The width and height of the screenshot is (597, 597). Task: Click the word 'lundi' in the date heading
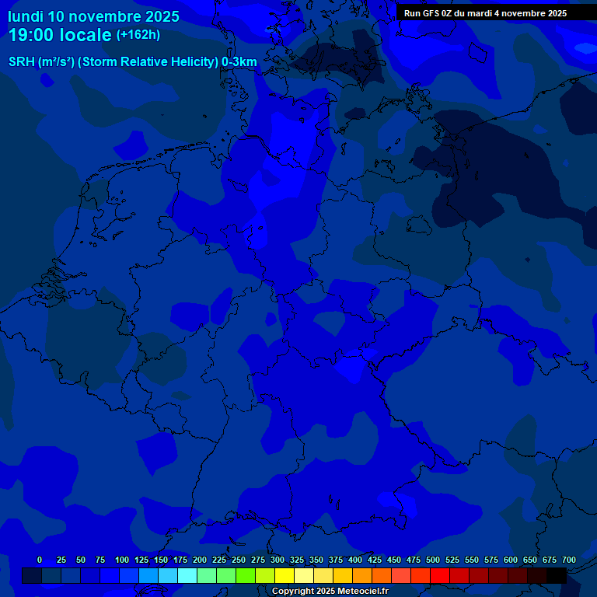pyautogui.click(x=26, y=16)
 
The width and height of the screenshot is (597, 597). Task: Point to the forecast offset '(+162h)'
pyautogui.click(x=138, y=35)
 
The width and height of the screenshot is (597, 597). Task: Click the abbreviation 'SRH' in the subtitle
pyautogui.click(x=22, y=61)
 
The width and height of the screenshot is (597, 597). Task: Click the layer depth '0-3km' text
pyautogui.click(x=239, y=61)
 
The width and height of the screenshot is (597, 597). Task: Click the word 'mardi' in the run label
pyautogui.click(x=477, y=13)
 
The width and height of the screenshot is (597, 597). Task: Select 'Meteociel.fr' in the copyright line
pyautogui.click(x=363, y=591)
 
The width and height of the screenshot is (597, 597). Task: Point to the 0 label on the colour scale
pyautogui.click(x=40, y=560)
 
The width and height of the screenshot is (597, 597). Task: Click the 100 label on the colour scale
pyautogui.click(x=122, y=560)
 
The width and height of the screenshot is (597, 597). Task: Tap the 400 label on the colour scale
pyautogui.click(x=355, y=560)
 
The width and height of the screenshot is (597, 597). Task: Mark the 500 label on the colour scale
pyautogui.click(x=433, y=560)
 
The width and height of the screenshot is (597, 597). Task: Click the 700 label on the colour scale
pyautogui.click(x=569, y=560)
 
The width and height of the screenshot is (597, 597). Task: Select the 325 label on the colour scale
pyautogui.click(x=297, y=560)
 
